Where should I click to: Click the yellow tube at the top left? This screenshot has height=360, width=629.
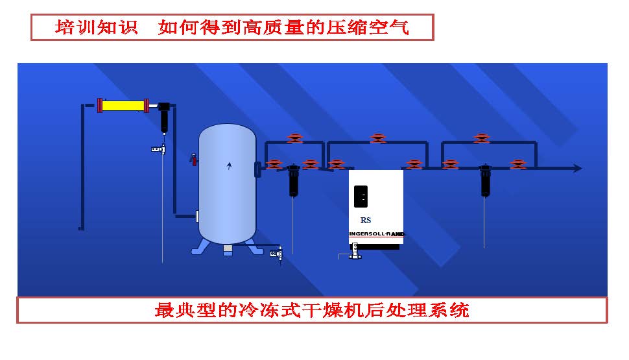[123, 105]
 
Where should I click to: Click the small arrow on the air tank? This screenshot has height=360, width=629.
[228, 166]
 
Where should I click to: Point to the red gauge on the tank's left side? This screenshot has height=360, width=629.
[193, 158]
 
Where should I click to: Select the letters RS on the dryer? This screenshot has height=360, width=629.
[366, 221]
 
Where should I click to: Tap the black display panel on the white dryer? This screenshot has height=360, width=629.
[361, 196]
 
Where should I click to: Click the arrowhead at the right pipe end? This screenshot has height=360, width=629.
[576, 169]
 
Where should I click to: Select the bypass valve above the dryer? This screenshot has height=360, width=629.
[377, 138]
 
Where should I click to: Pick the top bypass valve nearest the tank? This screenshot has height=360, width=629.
[294, 138]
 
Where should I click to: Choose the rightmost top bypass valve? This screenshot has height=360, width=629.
[481, 138]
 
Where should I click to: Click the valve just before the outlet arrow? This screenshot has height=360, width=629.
[517, 165]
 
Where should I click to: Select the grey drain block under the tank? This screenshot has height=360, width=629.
[228, 250]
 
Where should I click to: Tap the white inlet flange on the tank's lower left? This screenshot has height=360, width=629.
[197, 216]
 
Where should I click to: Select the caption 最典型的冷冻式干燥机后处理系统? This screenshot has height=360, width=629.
[312, 310]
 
